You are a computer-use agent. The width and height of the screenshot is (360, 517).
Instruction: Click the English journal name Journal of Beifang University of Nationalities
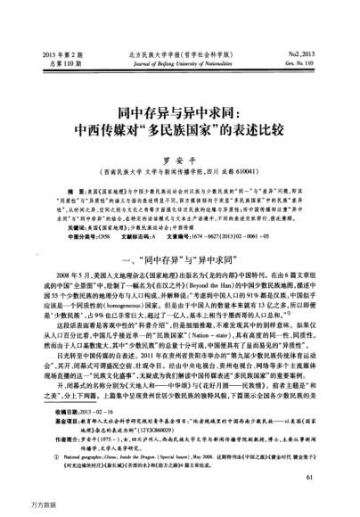[x=177, y=65]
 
